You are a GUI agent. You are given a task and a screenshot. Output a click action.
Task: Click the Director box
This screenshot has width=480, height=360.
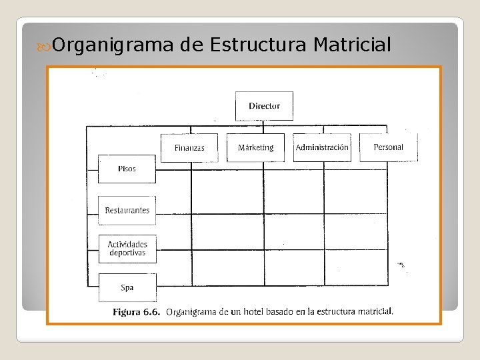pos(264,106)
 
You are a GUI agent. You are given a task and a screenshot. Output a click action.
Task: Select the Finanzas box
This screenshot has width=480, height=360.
pos(189,147)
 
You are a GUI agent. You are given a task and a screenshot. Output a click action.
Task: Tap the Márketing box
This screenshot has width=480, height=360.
pos(255,147)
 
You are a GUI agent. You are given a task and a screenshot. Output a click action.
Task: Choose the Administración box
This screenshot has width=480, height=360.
pos(322,147)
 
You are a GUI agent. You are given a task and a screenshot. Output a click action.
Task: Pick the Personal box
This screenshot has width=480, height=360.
pos(388,147)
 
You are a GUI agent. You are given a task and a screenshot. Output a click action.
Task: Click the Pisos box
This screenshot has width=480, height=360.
pos(127,169)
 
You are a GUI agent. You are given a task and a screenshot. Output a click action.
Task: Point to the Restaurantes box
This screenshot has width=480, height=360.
pos(127,211)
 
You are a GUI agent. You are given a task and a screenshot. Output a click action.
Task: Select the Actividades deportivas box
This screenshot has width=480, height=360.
pos(127,249)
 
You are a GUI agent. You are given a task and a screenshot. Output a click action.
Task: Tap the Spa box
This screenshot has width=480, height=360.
pos(127,288)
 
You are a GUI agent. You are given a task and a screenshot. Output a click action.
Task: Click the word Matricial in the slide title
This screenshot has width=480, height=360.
pos(351,45)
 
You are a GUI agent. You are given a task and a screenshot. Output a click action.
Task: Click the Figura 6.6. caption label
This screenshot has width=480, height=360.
pos(136,311)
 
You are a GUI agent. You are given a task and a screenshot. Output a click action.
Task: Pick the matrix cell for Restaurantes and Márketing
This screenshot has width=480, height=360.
pos(227,231)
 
